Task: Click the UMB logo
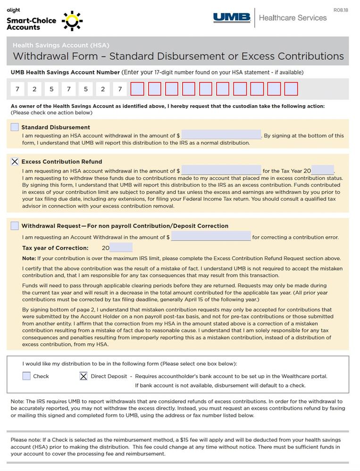pos(232,18)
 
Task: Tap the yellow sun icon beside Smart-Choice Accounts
pos(72,21)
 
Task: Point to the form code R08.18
pos(340,10)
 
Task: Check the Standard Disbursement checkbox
pos(15,127)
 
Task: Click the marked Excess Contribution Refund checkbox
pos(15,162)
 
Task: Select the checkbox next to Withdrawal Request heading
pos(15,226)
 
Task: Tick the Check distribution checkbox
pos(26,376)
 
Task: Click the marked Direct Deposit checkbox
pos(84,376)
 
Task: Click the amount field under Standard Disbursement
pos(221,135)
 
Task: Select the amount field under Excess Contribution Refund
pos(221,171)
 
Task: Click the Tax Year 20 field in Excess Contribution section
pos(322,171)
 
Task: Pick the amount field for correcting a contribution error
pos(210,237)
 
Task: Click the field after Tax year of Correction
pos(121,248)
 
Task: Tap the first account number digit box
pos(17,89)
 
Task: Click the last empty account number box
pos(291,89)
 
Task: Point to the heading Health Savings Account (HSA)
pos(61,45)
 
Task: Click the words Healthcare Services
pos(293,18)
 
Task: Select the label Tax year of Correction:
pos(55,248)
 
